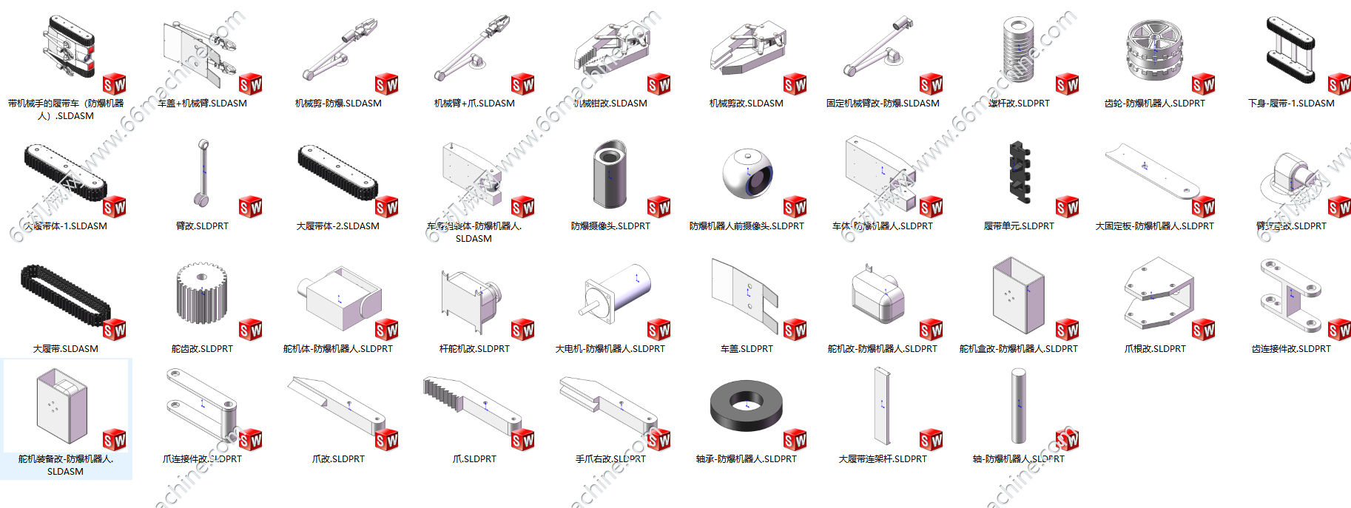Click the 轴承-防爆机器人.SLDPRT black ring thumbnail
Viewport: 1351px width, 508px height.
746,406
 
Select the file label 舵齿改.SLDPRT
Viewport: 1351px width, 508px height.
202,349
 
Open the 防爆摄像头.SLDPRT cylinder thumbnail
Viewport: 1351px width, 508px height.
610,174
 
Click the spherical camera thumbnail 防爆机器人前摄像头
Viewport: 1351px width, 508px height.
747,174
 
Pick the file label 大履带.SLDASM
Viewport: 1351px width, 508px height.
66,349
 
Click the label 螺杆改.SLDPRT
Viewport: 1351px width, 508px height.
1019,104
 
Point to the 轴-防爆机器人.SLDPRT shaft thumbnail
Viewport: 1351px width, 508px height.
1019,406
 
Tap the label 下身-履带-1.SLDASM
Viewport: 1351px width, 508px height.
1291,104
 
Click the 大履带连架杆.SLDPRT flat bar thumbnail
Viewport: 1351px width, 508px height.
882,406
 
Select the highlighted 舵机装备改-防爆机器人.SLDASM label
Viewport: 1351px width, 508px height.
66,465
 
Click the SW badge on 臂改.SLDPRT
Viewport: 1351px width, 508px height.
250,206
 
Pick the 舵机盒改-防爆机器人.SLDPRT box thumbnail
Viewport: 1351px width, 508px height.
1019,296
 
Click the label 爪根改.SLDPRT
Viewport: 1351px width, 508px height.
1155,349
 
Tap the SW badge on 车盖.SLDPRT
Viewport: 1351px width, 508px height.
795,329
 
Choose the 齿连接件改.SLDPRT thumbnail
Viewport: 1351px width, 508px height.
1291,296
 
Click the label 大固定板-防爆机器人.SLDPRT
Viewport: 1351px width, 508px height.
1154,226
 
